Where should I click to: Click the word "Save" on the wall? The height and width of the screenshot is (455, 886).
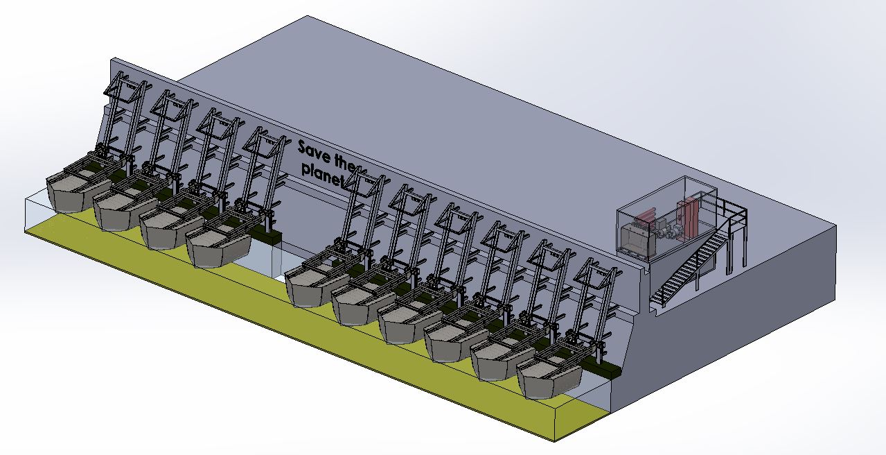tap(314, 152)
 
